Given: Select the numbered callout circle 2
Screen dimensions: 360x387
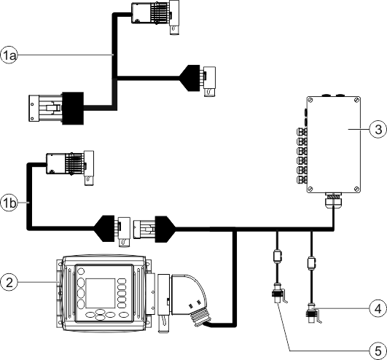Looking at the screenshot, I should click(9, 281).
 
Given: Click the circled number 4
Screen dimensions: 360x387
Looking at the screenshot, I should click(376, 309).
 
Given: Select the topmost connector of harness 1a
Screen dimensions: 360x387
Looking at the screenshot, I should click(151, 16).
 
